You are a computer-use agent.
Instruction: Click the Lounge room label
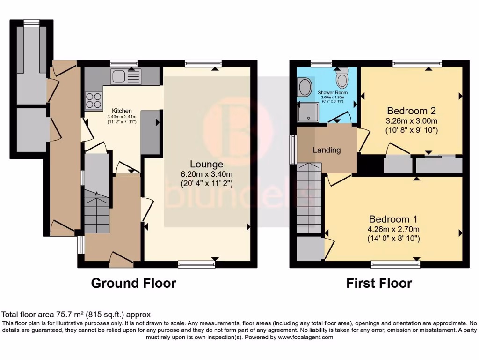click(206, 164)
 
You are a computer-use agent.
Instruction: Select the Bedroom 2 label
click(411, 111)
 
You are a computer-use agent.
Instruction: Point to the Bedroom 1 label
click(393, 219)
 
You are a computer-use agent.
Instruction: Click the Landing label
click(327, 150)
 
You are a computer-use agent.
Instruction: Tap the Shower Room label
click(333, 93)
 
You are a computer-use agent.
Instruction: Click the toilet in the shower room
click(342, 79)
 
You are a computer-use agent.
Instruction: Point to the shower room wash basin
click(305, 87)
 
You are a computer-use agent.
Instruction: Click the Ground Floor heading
click(133, 283)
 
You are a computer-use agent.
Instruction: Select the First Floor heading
click(379, 283)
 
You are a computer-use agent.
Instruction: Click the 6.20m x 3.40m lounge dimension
click(206, 174)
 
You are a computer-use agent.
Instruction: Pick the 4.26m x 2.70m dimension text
click(393, 229)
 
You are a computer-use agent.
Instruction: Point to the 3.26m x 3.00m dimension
click(411, 120)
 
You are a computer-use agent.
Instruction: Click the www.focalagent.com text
click(305, 337)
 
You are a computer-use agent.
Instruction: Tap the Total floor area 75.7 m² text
click(76, 315)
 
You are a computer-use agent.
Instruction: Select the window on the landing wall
click(293, 150)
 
